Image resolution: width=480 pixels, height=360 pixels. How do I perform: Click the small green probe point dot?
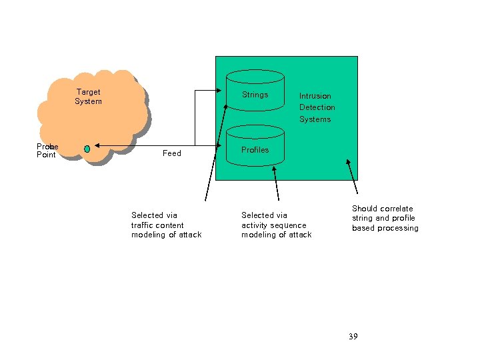(87, 149)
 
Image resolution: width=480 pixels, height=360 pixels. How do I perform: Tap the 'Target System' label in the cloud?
(88, 97)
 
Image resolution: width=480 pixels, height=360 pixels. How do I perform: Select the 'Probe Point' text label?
(47, 151)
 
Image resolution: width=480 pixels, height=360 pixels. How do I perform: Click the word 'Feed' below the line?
(172, 153)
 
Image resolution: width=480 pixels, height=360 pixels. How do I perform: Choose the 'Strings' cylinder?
(255, 95)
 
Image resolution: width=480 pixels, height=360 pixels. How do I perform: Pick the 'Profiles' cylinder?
(255, 150)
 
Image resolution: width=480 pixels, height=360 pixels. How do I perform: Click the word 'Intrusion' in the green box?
(315, 96)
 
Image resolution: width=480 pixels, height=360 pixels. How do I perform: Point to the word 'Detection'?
(317, 107)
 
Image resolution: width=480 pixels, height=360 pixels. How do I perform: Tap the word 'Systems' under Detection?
(315, 119)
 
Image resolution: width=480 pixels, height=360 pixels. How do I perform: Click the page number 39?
(353, 337)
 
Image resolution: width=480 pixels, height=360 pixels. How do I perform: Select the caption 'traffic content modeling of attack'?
(166, 225)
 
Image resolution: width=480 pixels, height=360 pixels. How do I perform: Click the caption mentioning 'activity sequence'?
(276, 225)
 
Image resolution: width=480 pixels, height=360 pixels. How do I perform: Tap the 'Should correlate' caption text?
(382, 209)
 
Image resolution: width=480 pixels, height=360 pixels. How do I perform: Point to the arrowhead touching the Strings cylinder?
(223, 90)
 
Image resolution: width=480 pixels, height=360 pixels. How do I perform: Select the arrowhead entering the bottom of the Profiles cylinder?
(273, 169)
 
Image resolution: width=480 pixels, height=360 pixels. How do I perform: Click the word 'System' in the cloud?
(88, 101)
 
